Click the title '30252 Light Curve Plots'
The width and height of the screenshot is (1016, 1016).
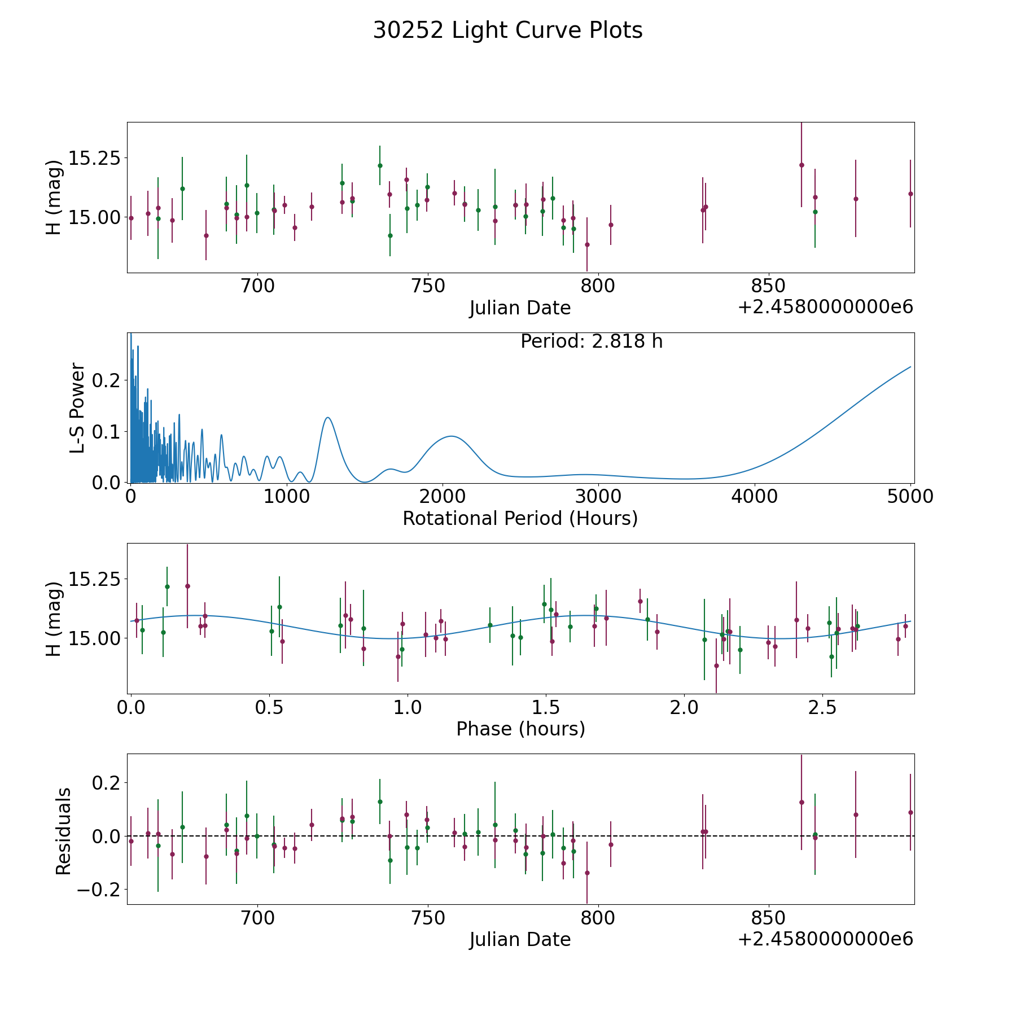[x=507, y=30]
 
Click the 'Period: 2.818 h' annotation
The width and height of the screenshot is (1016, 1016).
[x=591, y=341]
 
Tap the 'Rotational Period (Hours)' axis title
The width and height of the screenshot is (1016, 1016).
[x=520, y=518]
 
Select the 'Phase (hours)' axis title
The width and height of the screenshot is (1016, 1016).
[x=520, y=729]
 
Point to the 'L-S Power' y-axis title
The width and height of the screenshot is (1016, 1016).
[x=78, y=408]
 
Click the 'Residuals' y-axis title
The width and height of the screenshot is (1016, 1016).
[x=63, y=831]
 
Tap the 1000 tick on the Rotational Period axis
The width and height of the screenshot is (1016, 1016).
[x=287, y=497]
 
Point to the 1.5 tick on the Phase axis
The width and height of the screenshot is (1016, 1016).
[x=546, y=707]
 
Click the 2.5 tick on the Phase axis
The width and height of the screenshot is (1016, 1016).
[x=822, y=707]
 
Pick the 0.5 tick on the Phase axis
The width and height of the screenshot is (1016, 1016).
[x=269, y=707]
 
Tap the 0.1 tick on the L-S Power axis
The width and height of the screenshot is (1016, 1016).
[x=106, y=432]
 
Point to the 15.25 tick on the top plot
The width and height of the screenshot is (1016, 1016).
[x=94, y=158]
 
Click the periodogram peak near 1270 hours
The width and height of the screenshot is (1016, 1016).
[x=327, y=417]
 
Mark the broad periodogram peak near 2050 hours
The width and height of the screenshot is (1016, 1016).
[x=451, y=436]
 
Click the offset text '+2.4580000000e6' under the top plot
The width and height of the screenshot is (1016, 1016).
[x=825, y=307]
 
